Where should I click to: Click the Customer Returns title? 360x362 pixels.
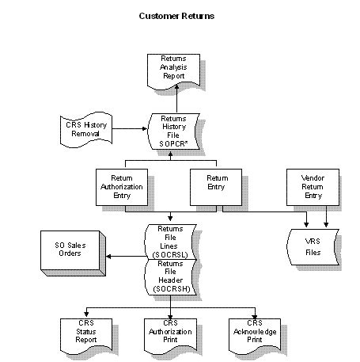pos(176,15)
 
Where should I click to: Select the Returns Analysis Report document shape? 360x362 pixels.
pos(176,70)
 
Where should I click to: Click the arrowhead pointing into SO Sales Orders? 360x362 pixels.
pos(110,256)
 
